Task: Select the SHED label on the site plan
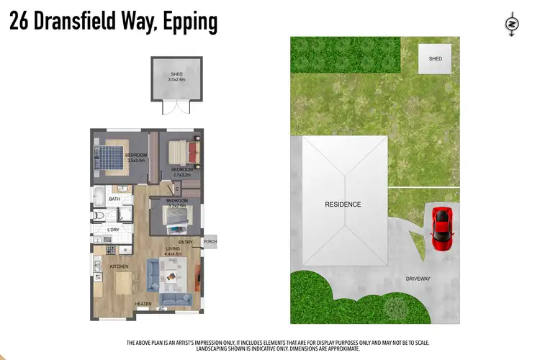(435, 59)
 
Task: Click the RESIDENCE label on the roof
(342, 204)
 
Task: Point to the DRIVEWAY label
(418, 278)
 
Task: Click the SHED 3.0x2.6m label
(167, 77)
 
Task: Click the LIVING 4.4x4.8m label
(173, 251)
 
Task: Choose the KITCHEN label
(119, 266)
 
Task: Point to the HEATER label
(143, 304)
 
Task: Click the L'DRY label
(112, 230)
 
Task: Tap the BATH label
(114, 199)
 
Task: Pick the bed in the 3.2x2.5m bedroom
(176, 216)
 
